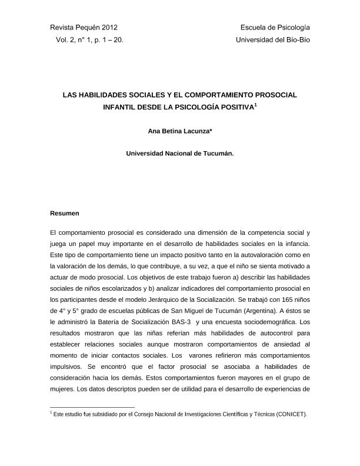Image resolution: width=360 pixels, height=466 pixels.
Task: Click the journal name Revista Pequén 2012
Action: point(84,28)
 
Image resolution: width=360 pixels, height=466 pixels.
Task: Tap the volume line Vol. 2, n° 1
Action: point(90,40)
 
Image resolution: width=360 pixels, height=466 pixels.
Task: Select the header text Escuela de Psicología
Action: point(275,28)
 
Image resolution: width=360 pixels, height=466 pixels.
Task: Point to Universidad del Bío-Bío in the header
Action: point(273,40)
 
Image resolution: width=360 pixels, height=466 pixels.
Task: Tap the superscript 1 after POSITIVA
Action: point(256,105)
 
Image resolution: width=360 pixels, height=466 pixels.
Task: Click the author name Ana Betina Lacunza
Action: point(179,131)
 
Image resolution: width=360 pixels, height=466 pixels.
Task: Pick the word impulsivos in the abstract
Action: point(68,357)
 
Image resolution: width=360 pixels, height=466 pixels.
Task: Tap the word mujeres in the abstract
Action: point(64,390)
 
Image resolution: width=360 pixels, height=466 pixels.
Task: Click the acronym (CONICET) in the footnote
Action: point(290,414)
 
